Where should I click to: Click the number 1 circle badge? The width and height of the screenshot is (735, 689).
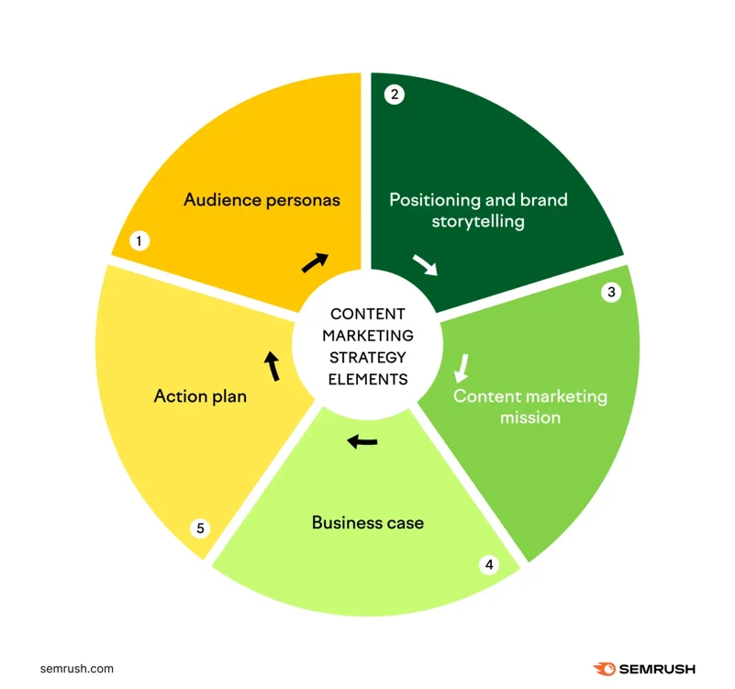click(x=139, y=241)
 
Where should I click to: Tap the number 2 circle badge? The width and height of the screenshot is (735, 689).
click(x=395, y=94)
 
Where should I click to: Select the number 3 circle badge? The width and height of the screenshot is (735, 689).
click(x=611, y=293)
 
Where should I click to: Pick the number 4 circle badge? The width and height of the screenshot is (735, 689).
click(x=489, y=564)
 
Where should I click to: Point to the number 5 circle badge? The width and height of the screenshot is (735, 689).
click(x=201, y=528)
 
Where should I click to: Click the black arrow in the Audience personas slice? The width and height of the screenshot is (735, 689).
click(x=315, y=262)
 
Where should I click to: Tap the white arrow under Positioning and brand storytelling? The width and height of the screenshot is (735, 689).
click(x=425, y=265)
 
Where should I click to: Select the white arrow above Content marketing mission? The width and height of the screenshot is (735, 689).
click(x=462, y=367)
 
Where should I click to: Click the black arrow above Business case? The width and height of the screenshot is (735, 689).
click(x=362, y=442)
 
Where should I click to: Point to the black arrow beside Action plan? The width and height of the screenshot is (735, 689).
click(x=272, y=366)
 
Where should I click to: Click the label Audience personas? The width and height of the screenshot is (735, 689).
click(x=262, y=199)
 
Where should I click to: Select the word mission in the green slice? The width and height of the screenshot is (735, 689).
click(x=530, y=417)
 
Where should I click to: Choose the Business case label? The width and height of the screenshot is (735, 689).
click(x=368, y=523)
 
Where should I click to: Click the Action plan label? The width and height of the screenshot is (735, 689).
click(x=200, y=397)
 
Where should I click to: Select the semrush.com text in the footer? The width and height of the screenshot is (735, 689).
click(x=77, y=669)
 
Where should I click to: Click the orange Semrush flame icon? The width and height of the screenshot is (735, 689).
click(x=605, y=669)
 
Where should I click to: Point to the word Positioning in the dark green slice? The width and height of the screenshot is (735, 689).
click(x=436, y=199)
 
